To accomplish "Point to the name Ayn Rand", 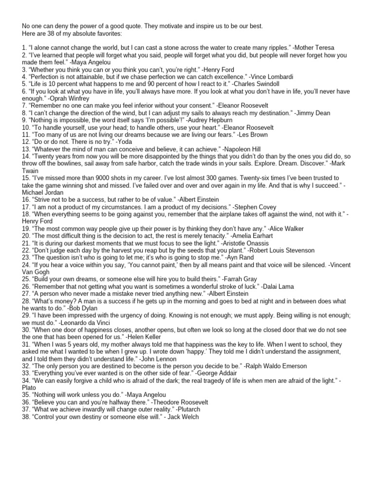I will point(254,258).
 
